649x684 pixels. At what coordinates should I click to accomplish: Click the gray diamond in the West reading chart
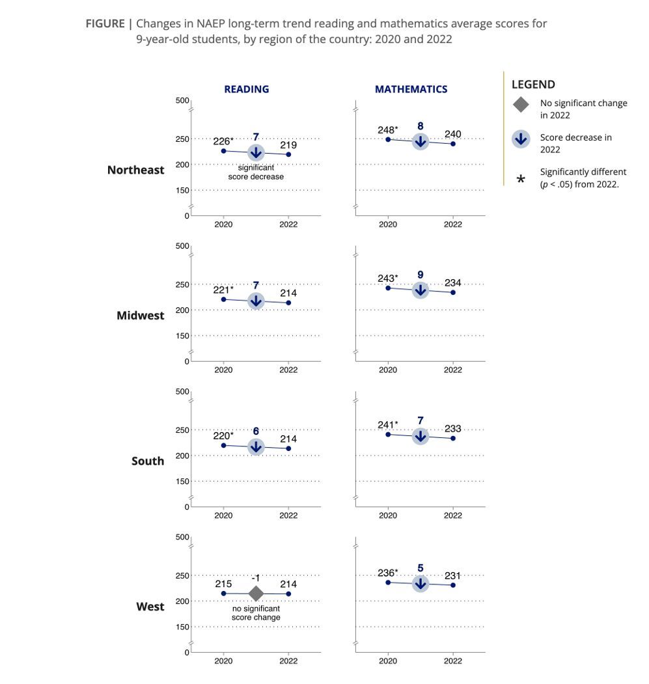pyautogui.click(x=256, y=594)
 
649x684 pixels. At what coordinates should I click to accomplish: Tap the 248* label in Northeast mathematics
pyautogui.click(x=387, y=130)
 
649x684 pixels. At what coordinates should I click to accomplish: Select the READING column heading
pyautogui.click(x=246, y=89)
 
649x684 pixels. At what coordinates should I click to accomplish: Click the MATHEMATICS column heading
pyautogui.click(x=411, y=89)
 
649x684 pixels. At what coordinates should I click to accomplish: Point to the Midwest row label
pyautogui.click(x=141, y=316)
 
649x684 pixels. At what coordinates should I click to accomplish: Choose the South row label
pyautogui.click(x=148, y=461)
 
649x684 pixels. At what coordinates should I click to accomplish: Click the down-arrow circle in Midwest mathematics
pyautogui.click(x=421, y=290)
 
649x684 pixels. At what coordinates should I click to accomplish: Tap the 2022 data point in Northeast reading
pyautogui.click(x=288, y=154)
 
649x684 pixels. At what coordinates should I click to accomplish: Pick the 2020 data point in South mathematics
pyautogui.click(x=388, y=434)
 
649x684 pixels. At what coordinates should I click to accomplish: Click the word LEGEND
pyautogui.click(x=533, y=85)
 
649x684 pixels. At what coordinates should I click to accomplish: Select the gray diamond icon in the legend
pyautogui.click(x=521, y=104)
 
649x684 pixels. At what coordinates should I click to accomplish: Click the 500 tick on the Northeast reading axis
pyautogui.click(x=182, y=100)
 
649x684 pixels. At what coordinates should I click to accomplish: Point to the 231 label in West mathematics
pyautogui.click(x=452, y=576)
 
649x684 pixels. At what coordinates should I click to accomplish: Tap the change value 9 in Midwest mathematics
pyautogui.click(x=421, y=275)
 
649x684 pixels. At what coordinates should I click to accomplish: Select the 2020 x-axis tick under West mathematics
pyautogui.click(x=388, y=661)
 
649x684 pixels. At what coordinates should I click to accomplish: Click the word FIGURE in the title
pyautogui.click(x=105, y=24)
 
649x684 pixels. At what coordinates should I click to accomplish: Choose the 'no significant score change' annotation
pyautogui.click(x=256, y=612)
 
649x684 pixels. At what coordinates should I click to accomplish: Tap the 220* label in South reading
pyautogui.click(x=223, y=435)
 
